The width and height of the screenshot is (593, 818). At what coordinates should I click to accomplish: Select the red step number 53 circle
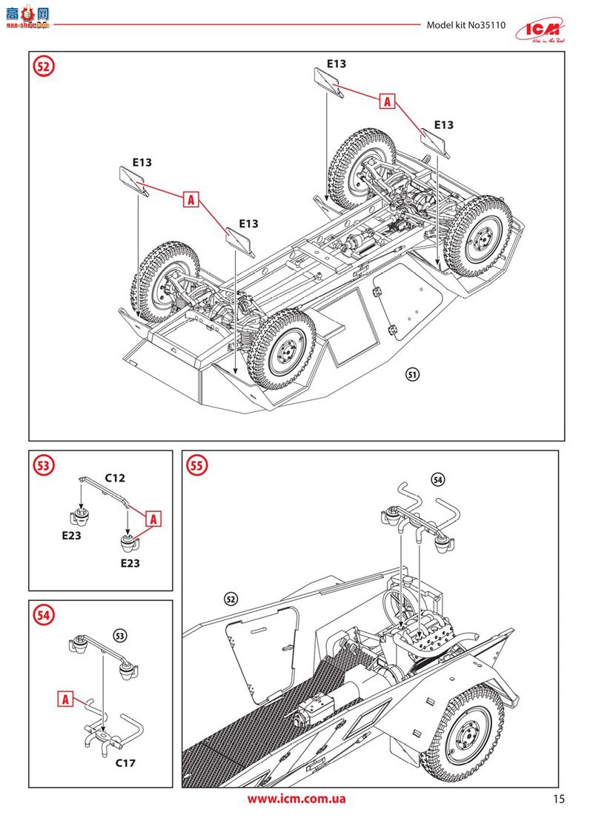(44, 465)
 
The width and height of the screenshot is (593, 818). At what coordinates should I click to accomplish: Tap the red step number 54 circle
(44, 614)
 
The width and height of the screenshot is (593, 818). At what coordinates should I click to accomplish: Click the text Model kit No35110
(466, 24)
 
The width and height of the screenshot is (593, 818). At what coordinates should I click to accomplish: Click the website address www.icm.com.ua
(296, 799)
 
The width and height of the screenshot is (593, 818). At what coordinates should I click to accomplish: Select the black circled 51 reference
(413, 374)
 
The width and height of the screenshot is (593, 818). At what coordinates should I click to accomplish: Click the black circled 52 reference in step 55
(231, 599)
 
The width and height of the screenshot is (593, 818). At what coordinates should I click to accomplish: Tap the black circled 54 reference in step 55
(437, 479)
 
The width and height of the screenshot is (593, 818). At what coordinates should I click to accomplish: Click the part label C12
(114, 478)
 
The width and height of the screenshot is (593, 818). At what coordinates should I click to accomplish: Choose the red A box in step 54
(65, 698)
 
